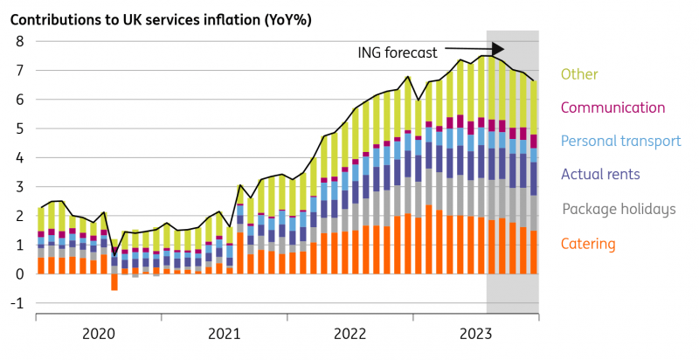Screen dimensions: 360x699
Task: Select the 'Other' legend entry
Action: pyautogui.click(x=579, y=75)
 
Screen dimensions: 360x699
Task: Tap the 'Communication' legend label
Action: pyautogui.click(x=612, y=107)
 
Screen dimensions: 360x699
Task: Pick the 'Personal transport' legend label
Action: pyautogui.click(x=620, y=141)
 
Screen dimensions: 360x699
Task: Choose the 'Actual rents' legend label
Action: pyautogui.click(x=600, y=175)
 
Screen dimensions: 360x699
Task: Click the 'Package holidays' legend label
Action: pyautogui.click(x=619, y=209)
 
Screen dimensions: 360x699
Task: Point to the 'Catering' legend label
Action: pyautogui.click(x=590, y=243)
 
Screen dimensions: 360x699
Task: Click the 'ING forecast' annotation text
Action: pyautogui.click(x=398, y=52)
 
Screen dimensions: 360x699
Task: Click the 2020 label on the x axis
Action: pyautogui.click(x=99, y=334)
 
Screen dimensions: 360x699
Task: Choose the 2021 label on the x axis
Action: pyautogui.click(x=225, y=334)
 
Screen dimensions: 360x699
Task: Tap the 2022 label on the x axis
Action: pyautogui.click(x=350, y=334)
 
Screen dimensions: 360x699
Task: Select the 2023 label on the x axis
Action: pyautogui.click(x=475, y=334)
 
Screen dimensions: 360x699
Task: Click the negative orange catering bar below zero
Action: pyautogui.click(x=114, y=281)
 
